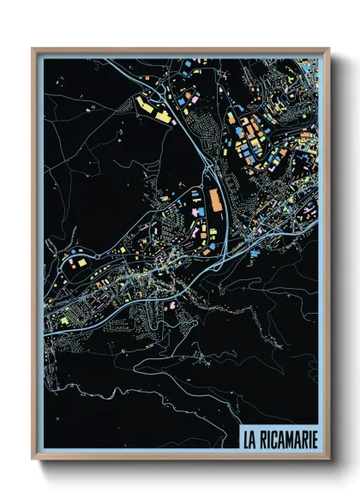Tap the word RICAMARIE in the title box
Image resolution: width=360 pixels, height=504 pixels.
click(289, 441)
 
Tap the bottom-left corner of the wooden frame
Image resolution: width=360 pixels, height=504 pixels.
click(33, 460)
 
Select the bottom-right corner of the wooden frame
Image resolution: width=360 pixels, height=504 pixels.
click(329, 460)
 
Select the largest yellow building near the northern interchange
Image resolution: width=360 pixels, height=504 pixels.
click(146, 106)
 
